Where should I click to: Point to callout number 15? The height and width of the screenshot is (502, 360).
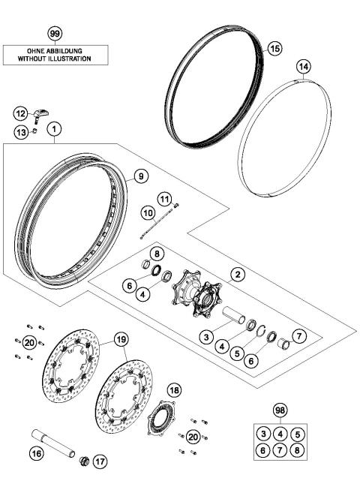(274, 48)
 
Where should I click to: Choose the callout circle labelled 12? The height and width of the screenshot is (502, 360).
(21, 113)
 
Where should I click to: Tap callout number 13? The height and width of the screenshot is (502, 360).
(21, 132)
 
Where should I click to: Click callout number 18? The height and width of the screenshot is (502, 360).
(174, 390)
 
